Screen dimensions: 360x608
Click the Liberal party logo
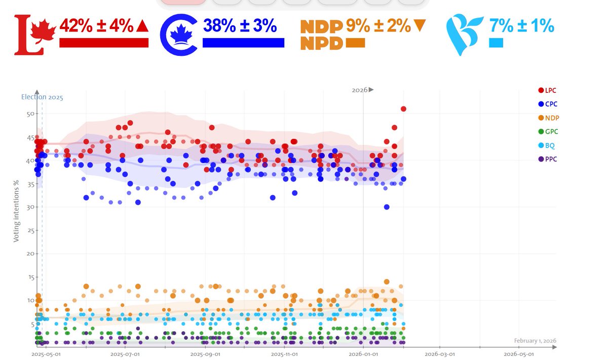point(30,34)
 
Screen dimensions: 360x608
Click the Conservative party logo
point(178,35)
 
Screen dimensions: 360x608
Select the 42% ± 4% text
point(96,26)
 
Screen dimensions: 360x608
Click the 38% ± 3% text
point(239,26)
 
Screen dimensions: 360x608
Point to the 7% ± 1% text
point(521,26)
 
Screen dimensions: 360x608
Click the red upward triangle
point(142,26)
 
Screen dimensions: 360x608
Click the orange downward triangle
point(420,26)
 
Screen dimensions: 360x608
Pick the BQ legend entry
point(549,146)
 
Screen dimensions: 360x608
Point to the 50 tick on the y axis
point(30,114)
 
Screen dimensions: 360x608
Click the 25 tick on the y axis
point(30,231)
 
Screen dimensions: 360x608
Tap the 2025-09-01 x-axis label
point(205,354)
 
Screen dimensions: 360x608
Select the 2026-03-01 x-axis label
point(439,354)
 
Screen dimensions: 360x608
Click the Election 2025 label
point(42,97)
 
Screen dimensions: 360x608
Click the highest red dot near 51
point(403,109)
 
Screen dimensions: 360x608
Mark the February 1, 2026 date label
point(535,341)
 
